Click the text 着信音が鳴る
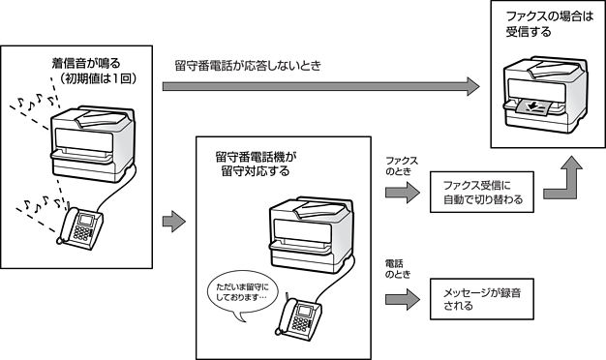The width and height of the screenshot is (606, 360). [x=86, y=63]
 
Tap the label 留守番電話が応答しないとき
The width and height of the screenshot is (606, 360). [x=248, y=66]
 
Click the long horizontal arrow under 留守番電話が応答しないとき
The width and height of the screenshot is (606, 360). [x=320, y=86]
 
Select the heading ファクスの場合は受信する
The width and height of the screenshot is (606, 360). [x=549, y=24]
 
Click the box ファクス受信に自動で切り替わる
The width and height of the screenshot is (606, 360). [x=482, y=192]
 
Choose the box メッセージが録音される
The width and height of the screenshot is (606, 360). [x=482, y=299]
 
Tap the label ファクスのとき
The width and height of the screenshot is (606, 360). [x=401, y=166]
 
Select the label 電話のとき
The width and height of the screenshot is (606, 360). [x=398, y=269]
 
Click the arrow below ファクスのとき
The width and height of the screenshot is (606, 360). [x=403, y=192]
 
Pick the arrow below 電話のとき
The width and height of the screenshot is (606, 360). [x=403, y=299]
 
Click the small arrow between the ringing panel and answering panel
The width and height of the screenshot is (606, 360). [x=174, y=222]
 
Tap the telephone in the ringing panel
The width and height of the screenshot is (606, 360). [x=79, y=226]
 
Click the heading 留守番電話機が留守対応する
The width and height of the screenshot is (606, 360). [x=256, y=164]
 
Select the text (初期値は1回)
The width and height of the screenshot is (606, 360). [x=97, y=78]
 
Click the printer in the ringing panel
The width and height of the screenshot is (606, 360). [x=93, y=143]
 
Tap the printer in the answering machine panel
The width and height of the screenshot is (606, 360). [x=311, y=235]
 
